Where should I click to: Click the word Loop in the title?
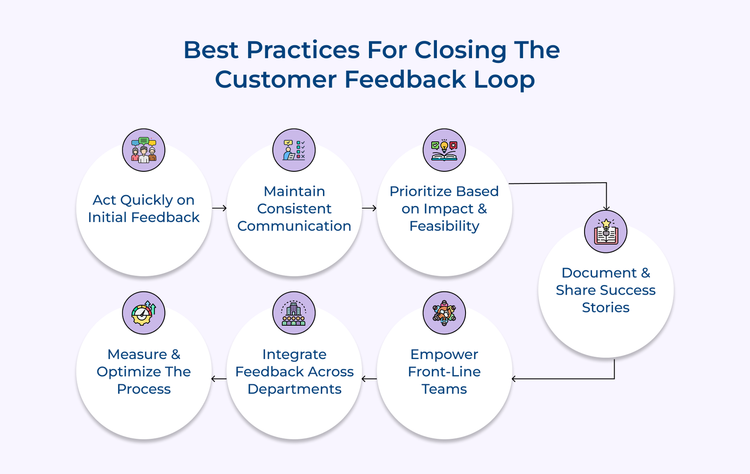tap(504, 80)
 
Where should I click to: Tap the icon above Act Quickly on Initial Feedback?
tap(143, 150)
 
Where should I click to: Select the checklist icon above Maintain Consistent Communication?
tap(294, 150)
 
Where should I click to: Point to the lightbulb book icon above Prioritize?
tap(444, 150)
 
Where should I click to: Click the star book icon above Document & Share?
tap(606, 232)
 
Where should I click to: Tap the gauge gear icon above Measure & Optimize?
tap(143, 313)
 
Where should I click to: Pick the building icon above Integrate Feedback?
tap(294, 313)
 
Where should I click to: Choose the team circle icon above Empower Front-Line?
tap(444, 313)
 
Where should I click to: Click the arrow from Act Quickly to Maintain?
tap(219, 208)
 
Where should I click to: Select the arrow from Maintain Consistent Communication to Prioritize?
tap(369, 208)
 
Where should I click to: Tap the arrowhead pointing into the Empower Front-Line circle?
tap(514, 379)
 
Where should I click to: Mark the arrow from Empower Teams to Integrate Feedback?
tap(369, 379)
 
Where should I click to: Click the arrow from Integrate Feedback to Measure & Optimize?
tap(219, 379)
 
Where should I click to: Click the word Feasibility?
tap(444, 226)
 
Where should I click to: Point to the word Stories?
tap(606, 308)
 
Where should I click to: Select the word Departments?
tap(294, 390)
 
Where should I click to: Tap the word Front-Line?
tap(444, 372)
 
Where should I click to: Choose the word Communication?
tap(294, 226)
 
